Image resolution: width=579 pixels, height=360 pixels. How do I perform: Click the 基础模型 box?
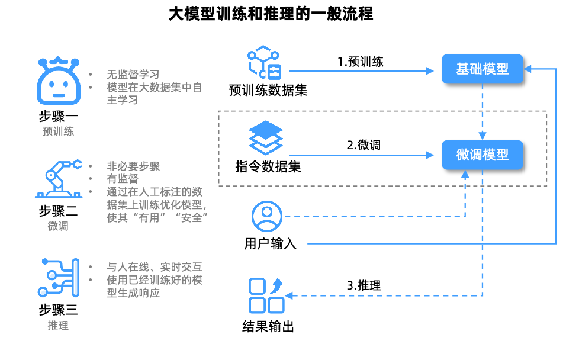pyautogui.click(x=482, y=69)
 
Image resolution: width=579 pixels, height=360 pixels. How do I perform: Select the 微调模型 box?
pyautogui.click(x=482, y=155)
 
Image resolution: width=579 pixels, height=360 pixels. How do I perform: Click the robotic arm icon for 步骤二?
pyautogui.click(x=57, y=178)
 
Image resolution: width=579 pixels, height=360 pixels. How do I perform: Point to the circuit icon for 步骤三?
pyautogui.click(x=58, y=277)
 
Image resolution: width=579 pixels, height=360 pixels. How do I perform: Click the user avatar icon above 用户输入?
pyautogui.click(x=267, y=216)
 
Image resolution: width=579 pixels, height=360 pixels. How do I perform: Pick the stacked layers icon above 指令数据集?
pyautogui.click(x=266, y=138)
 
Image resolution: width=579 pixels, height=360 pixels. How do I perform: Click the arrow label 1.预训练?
pyautogui.click(x=361, y=62)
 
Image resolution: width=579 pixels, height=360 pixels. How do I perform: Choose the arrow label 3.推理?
pyautogui.click(x=364, y=285)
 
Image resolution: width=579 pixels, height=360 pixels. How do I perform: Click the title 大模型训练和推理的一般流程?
pyautogui.click(x=271, y=14)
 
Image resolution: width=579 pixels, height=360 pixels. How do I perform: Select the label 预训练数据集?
pyautogui.click(x=268, y=91)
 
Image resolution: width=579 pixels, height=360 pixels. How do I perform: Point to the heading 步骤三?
pyautogui.click(x=58, y=310)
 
